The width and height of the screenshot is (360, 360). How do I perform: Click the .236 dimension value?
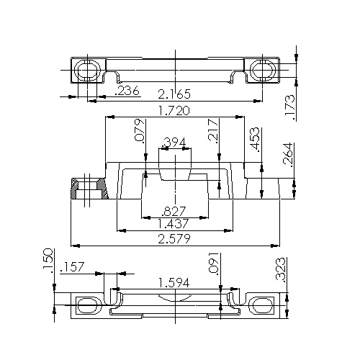(x=128, y=91)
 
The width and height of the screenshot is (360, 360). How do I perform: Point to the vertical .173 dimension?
(x=289, y=105)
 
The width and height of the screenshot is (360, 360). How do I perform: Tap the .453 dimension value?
(x=254, y=140)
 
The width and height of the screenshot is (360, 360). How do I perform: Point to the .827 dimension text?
(x=176, y=211)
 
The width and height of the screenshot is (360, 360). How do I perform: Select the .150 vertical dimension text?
(x=48, y=261)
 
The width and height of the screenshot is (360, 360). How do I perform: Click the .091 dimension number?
(x=213, y=264)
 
